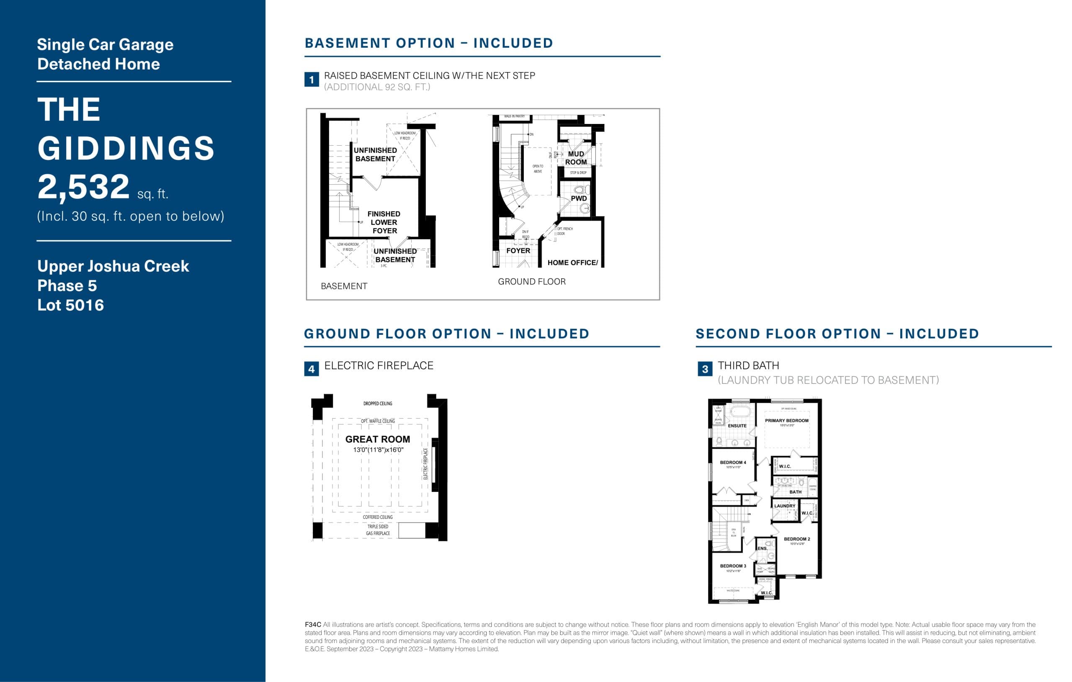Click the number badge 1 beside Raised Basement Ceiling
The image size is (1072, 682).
(x=311, y=80)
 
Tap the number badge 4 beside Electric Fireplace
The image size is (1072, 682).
(x=311, y=369)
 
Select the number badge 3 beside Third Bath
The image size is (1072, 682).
(x=705, y=369)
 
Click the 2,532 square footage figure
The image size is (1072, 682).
(x=84, y=188)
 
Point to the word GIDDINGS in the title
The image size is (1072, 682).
(x=126, y=148)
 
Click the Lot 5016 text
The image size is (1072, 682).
(x=70, y=305)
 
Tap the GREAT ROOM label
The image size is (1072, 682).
(x=378, y=439)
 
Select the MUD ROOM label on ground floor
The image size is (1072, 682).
(x=576, y=158)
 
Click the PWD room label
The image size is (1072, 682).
(x=578, y=198)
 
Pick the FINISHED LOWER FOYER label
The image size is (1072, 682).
(x=384, y=222)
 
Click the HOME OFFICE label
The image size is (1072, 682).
(x=572, y=263)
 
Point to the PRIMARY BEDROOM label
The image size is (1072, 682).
(x=787, y=421)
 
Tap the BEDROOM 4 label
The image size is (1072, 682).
(x=733, y=463)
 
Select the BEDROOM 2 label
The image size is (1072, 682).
(x=797, y=539)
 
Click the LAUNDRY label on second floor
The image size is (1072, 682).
(x=784, y=506)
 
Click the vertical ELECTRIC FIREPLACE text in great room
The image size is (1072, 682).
(x=425, y=464)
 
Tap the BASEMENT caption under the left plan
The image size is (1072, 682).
(x=344, y=286)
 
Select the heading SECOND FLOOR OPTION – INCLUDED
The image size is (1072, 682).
(x=837, y=334)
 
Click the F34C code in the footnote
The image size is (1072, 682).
(x=312, y=625)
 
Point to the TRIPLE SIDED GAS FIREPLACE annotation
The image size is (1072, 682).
(x=378, y=530)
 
